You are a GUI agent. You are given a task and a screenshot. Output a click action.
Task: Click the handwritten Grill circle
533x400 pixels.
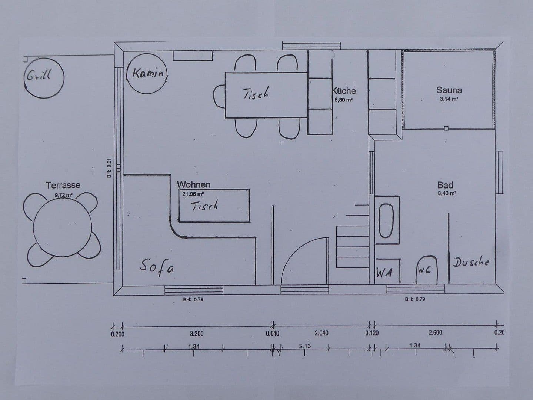pos(44,77)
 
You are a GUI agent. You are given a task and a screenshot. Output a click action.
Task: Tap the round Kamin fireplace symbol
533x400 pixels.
pos(147,74)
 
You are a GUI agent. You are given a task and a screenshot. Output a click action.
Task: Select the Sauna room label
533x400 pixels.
pos(449,90)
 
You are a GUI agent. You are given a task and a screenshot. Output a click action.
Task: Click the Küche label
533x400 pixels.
pos(344,91)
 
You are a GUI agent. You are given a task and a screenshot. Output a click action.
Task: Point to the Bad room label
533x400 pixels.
pos(445,185)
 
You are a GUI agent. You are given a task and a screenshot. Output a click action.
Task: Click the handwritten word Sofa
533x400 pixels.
pos(157,266)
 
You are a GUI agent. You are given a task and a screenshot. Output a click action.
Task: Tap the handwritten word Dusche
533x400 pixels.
pos(471,262)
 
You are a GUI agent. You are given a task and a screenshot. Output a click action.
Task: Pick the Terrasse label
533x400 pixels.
pos(63,185)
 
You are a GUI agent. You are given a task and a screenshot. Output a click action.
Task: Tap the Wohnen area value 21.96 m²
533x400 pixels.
pos(193,193)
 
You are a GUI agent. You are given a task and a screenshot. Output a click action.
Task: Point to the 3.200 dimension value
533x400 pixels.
pos(197,333)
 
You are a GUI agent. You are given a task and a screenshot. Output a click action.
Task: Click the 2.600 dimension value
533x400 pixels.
pos(435,333)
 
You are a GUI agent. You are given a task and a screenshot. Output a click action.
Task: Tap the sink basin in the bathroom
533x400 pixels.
pos(386,220)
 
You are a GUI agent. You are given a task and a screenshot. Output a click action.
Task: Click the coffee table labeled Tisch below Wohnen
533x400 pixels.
pos(214,206)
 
